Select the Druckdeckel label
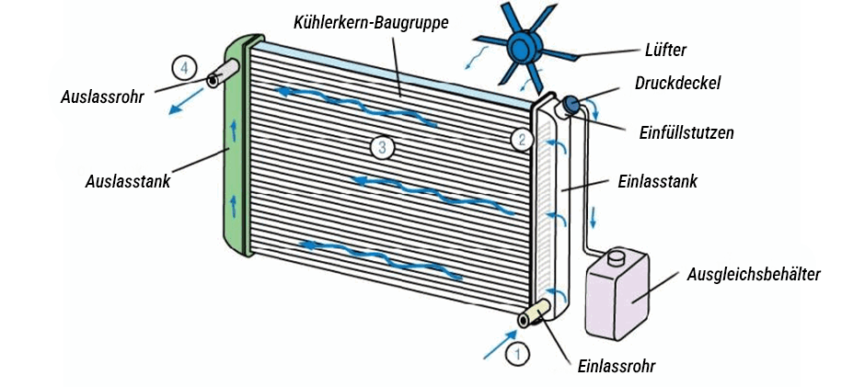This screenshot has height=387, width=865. tap(677, 83)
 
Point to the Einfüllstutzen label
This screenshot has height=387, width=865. tap(686, 132)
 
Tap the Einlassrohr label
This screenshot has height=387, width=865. tap(616, 365)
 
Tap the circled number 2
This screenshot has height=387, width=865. tap(521, 140)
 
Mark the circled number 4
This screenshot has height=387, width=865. tap(184, 67)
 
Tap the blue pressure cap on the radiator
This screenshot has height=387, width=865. tap(571, 105)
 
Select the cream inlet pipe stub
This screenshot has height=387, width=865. tap(537, 314)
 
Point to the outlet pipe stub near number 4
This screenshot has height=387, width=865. tap(223, 74)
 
